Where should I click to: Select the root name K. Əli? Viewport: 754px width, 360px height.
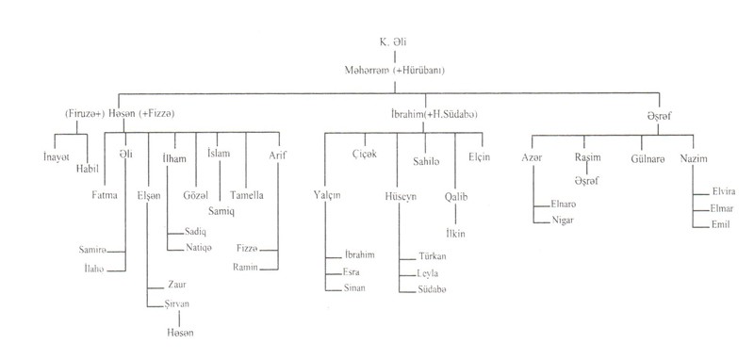[x=393, y=42]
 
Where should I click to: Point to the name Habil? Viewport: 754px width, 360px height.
[x=87, y=169]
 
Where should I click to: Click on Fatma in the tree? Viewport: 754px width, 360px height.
[x=105, y=195]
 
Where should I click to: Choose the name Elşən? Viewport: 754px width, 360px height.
[x=149, y=196]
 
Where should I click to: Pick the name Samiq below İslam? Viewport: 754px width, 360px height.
[x=221, y=211]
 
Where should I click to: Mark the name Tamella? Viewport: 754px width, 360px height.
[x=247, y=195]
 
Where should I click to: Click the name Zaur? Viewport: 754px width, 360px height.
[x=177, y=285]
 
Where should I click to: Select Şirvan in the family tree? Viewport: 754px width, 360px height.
[x=176, y=304]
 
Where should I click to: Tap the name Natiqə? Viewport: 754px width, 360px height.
[x=199, y=248]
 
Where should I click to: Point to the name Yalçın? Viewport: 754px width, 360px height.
[x=327, y=196]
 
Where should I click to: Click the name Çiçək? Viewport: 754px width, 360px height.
[x=364, y=155]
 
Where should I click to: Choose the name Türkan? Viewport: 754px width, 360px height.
[x=433, y=256]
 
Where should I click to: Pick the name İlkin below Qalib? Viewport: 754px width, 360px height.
[x=455, y=234]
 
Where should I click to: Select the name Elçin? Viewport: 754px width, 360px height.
[x=480, y=156]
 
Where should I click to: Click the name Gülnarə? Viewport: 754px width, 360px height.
[x=647, y=159]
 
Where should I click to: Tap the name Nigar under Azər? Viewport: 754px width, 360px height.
[x=563, y=221]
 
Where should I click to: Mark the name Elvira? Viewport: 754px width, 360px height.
[x=723, y=191]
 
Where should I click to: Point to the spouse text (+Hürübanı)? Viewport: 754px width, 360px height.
[x=418, y=71]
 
